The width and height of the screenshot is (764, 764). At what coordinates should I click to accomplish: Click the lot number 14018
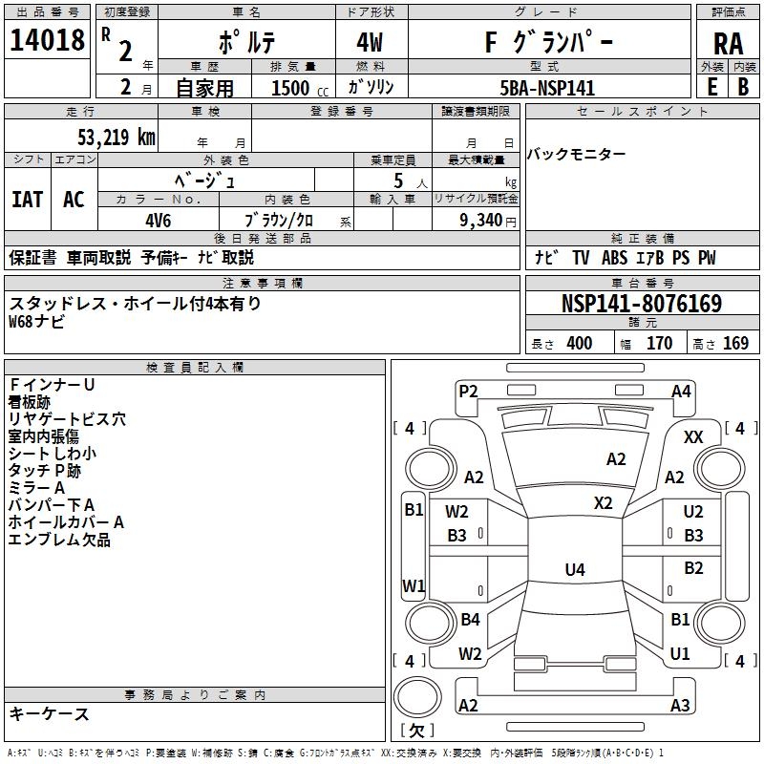tap(47, 41)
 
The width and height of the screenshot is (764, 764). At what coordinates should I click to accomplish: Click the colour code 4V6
tap(158, 219)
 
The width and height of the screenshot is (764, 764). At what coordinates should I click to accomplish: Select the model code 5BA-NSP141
tap(547, 88)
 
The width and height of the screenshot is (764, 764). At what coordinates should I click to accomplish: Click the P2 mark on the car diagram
tap(468, 391)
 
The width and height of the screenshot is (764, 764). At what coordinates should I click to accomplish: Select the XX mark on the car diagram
tap(693, 436)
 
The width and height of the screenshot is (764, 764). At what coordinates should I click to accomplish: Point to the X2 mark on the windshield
tap(603, 503)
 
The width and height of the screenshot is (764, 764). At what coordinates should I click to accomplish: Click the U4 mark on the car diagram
tap(574, 570)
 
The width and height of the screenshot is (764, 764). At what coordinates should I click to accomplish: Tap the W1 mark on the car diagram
tap(413, 584)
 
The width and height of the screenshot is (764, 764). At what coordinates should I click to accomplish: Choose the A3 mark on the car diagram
tap(680, 706)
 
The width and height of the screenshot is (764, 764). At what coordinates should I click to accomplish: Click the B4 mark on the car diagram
tap(470, 620)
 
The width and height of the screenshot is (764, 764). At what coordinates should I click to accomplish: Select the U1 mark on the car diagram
tap(680, 654)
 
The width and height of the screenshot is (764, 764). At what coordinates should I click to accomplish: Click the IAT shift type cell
tap(27, 199)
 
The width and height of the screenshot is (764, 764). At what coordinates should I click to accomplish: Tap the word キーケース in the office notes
tap(49, 714)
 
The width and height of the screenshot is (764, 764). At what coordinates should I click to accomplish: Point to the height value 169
tap(735, 344)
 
